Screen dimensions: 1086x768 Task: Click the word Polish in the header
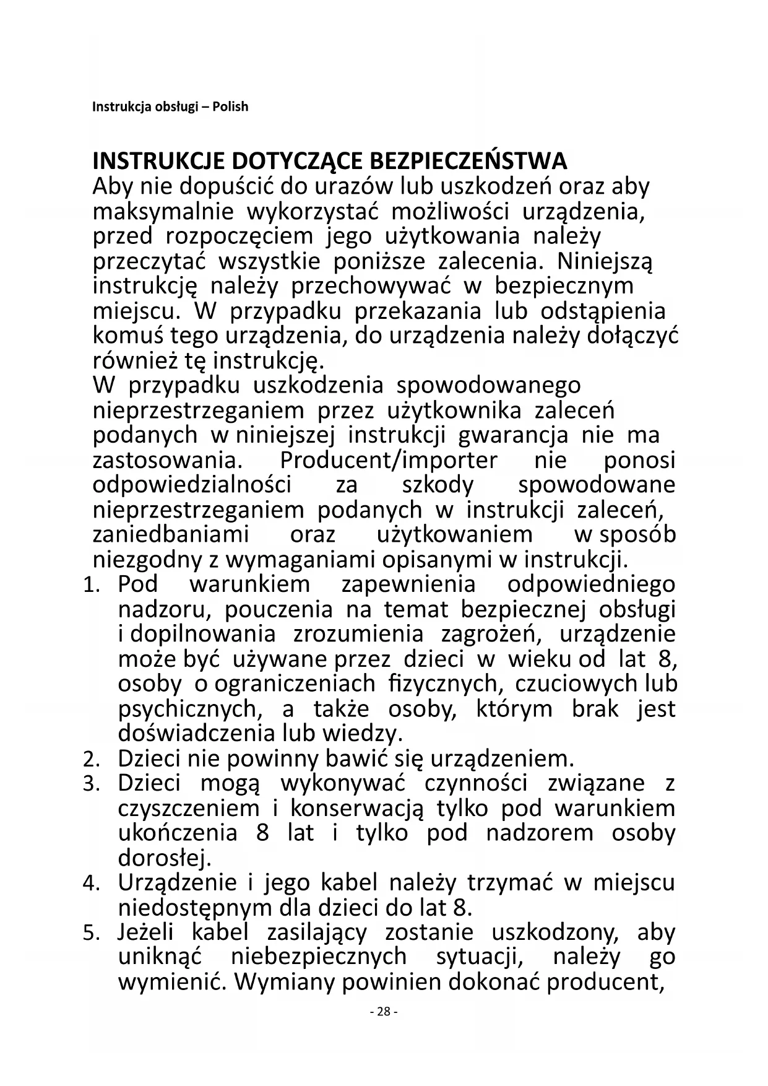(230, 106)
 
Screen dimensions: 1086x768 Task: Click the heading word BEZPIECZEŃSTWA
(468, 162)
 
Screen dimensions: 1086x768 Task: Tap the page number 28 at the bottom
(384, 1012)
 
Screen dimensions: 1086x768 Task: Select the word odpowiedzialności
(192, 485)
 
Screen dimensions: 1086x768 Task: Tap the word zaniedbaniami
(171, 534)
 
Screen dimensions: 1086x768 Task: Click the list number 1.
(90, 585)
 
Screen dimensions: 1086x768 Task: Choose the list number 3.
(90, 784)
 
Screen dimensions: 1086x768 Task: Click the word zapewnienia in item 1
(408, 584)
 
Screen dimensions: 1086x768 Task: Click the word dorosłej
(165, 858)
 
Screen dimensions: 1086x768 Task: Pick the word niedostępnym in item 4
(196, 908)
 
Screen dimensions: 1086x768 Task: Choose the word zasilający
(317, 932)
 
